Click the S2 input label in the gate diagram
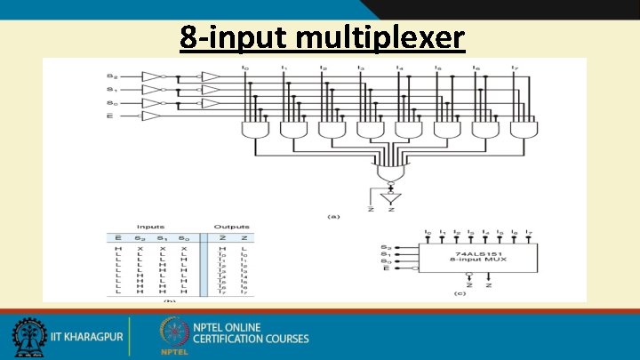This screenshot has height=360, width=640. tap(112, 76)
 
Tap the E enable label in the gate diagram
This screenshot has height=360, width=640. tap(111, 116)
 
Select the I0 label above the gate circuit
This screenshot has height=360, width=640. tap(246, 67)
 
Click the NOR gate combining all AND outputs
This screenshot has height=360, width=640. tap(389, 170)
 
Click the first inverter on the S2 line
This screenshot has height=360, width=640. tap(154, 76)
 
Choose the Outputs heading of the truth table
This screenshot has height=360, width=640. tap(231, 227)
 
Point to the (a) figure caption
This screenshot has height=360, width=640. tap(334, 215)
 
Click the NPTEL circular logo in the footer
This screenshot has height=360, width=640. tap(173, 333)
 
